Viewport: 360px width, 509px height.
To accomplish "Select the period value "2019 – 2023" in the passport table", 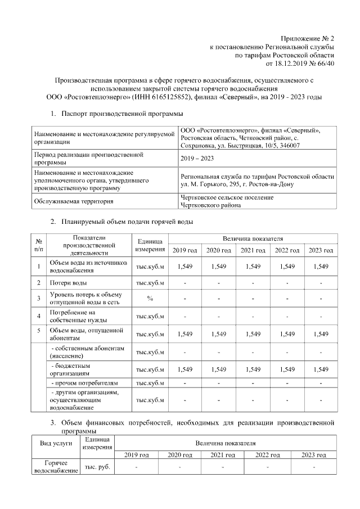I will (x=197, y=159).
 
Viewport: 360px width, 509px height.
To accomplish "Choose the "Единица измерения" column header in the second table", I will (x=150, y=245).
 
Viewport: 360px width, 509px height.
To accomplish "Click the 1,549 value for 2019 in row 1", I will (x=185, y=266).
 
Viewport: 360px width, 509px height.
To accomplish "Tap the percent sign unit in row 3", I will (x=150, y=298).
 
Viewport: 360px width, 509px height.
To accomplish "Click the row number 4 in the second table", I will (x=38, y=316).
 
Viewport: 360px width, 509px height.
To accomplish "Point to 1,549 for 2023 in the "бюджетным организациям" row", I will (x=321, y=370).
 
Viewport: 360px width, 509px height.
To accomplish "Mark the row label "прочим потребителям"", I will (x=85, y=384).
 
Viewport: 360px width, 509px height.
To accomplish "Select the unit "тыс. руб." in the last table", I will (x=97, y=467).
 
